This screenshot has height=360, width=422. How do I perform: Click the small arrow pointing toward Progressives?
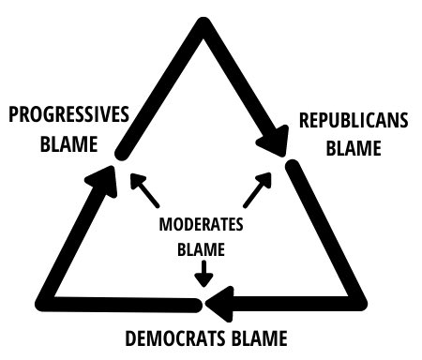coord(143,190)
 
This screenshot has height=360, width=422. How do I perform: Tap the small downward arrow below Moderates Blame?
coord(201,276)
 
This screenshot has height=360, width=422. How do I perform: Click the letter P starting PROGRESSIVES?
coord(14,114)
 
